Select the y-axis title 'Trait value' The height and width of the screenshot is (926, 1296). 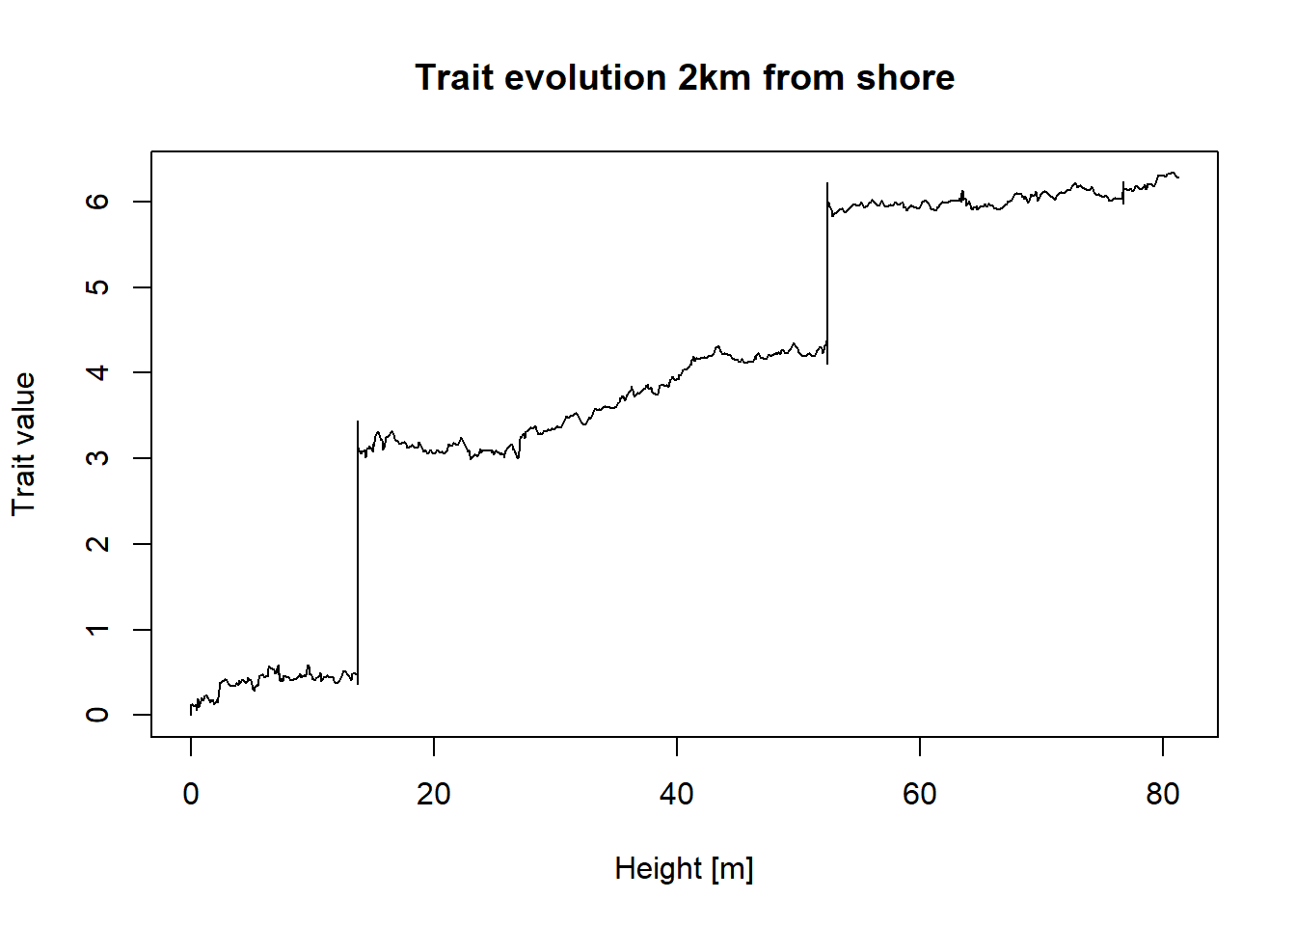pyautogui.click(x=23, y=444)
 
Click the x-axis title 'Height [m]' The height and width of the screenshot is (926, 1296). pyautogui.click(x=684, y=868)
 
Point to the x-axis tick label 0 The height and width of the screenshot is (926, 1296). pyautogui.click(x=191, y=794)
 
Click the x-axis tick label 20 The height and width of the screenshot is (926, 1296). pyautogui.click(x=434, y=794)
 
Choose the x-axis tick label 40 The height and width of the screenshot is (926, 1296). pyautogui.click(x=677, y=794)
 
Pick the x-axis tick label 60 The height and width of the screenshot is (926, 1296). pyautogui.click(x=920, y=794)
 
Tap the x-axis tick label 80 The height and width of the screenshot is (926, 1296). pyautogui.click(x=1163, y=794)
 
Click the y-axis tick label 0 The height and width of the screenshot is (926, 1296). pyautogui.click(x=97, y=715)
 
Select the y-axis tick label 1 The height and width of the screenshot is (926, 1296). pyautogui.click(x=97, y=629)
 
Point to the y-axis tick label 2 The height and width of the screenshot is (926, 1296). pyautogui.click(x=97, y=544)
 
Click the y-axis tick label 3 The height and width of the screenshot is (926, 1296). pyautogui.click(x=97, y=458)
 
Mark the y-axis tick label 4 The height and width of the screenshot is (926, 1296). pyautogui.click(x=97, y=372)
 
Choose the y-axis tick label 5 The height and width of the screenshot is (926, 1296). pyautogui.click(x=97, y=287)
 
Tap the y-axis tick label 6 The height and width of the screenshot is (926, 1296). pyautogui.click(x=97, y=202)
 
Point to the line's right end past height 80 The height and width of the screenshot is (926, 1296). pyautogui.click(x=1177, y=177)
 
